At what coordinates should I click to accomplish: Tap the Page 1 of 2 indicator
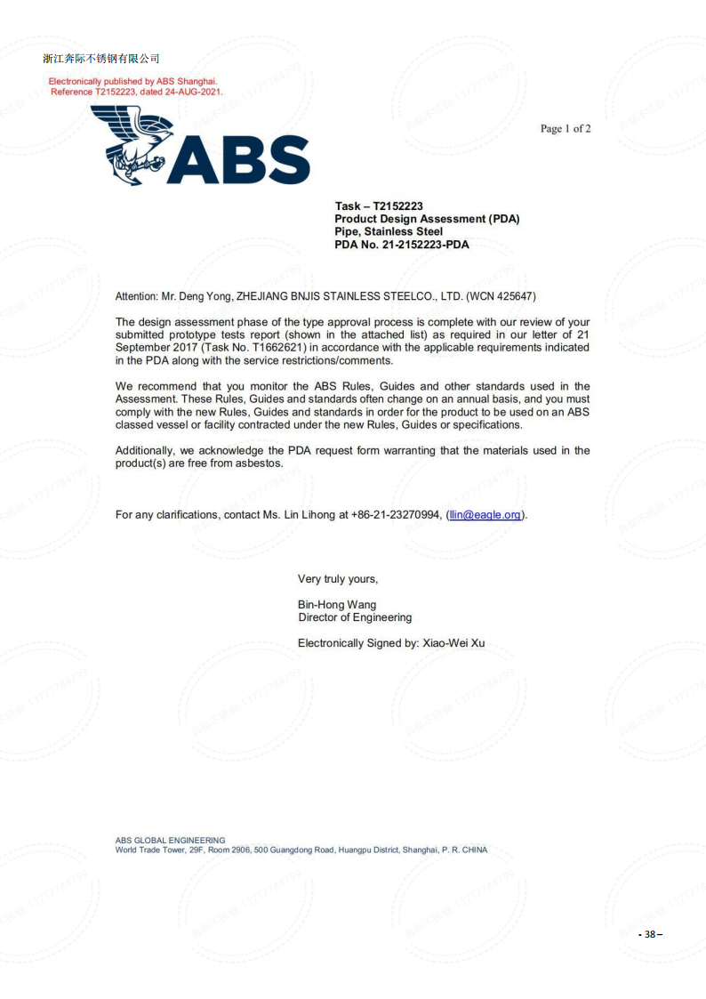coord(566,129)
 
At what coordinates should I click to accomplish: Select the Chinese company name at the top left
coord(101,59)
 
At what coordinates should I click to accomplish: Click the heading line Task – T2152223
coord(379,205)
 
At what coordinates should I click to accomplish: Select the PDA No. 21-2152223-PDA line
coord(401,245)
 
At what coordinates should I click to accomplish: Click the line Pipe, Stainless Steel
coord(389,231)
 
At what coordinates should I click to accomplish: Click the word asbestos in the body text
coord(258,463)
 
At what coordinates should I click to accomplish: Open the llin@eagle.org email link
coord(485,515)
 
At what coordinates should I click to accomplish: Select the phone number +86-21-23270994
coord(396,515)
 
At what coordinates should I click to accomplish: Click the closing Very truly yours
coord(338,579)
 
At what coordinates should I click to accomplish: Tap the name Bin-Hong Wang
coord(337,605)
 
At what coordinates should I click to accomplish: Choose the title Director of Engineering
coord(355,617)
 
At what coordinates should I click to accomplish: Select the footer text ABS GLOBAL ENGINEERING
coord(170,840)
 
